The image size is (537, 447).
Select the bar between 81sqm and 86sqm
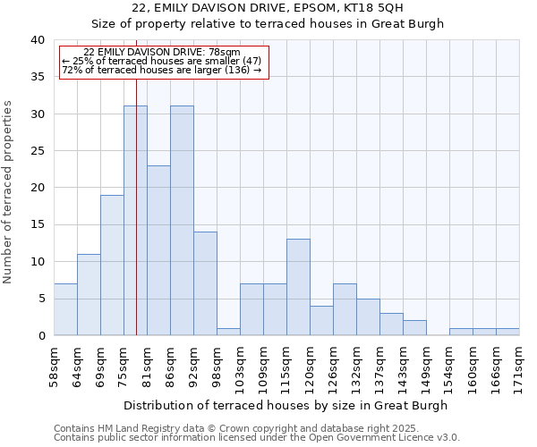click(158, 250)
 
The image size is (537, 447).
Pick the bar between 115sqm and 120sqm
click(298, 287)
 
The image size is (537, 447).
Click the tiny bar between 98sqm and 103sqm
click(228, 332)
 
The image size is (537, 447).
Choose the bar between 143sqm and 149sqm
click(414, 328)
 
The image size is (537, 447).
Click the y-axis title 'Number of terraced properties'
click(8, 191)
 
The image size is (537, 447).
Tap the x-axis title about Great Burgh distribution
click(286, 405)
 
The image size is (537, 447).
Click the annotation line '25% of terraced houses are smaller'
click(161, 61)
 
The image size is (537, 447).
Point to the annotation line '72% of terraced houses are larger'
click(161, 70)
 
